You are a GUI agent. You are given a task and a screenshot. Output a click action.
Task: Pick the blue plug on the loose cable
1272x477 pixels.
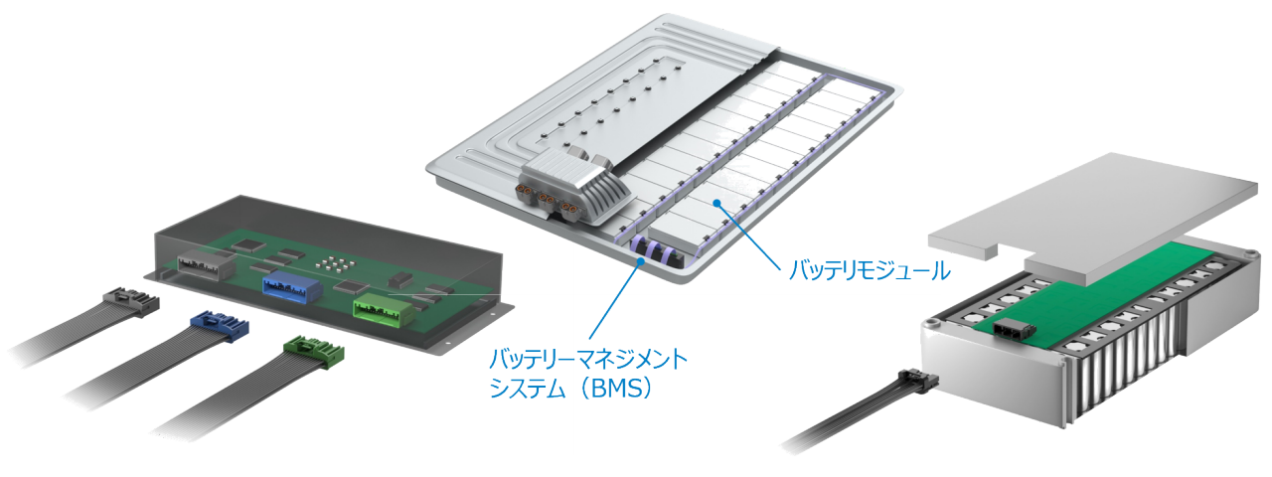(221, 323)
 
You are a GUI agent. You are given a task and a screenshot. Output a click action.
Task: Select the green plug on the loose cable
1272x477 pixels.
(312, 350)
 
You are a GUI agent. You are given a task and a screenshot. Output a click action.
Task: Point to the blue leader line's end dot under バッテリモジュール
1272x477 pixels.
(715, 202)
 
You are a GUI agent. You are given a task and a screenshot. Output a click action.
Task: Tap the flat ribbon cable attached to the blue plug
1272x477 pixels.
(129, 368)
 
